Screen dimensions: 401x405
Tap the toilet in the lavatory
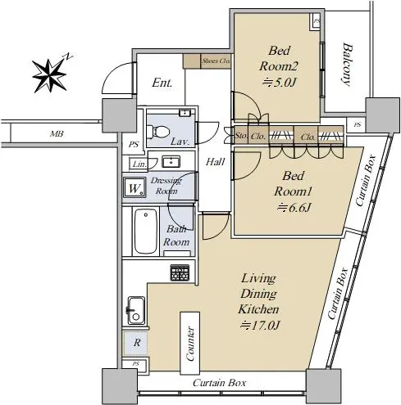pos(158,132)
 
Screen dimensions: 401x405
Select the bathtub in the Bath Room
pos(146,231)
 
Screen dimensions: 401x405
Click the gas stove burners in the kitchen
pos(180,272)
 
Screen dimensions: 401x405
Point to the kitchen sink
pos(136,310)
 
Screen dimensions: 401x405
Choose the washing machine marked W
pos(134,187)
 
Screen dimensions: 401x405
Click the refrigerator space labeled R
pos(137,343)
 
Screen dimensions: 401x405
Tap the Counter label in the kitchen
pos(189,344)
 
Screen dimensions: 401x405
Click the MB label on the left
pos(57,134)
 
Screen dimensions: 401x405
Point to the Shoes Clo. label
pos(216,61)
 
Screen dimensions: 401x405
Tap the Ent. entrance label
pos(162,83)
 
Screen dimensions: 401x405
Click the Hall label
pos(216,162)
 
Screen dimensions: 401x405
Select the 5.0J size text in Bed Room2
pos(280,82)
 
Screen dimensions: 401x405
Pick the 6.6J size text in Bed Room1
pos(294,208)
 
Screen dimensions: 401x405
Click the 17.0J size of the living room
pos(260,325)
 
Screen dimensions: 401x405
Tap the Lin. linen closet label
pos(139,164)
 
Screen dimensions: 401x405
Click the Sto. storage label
pos(241,136)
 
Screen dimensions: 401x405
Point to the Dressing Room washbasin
pos(171,161)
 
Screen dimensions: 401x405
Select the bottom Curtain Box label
pos(219,383)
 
